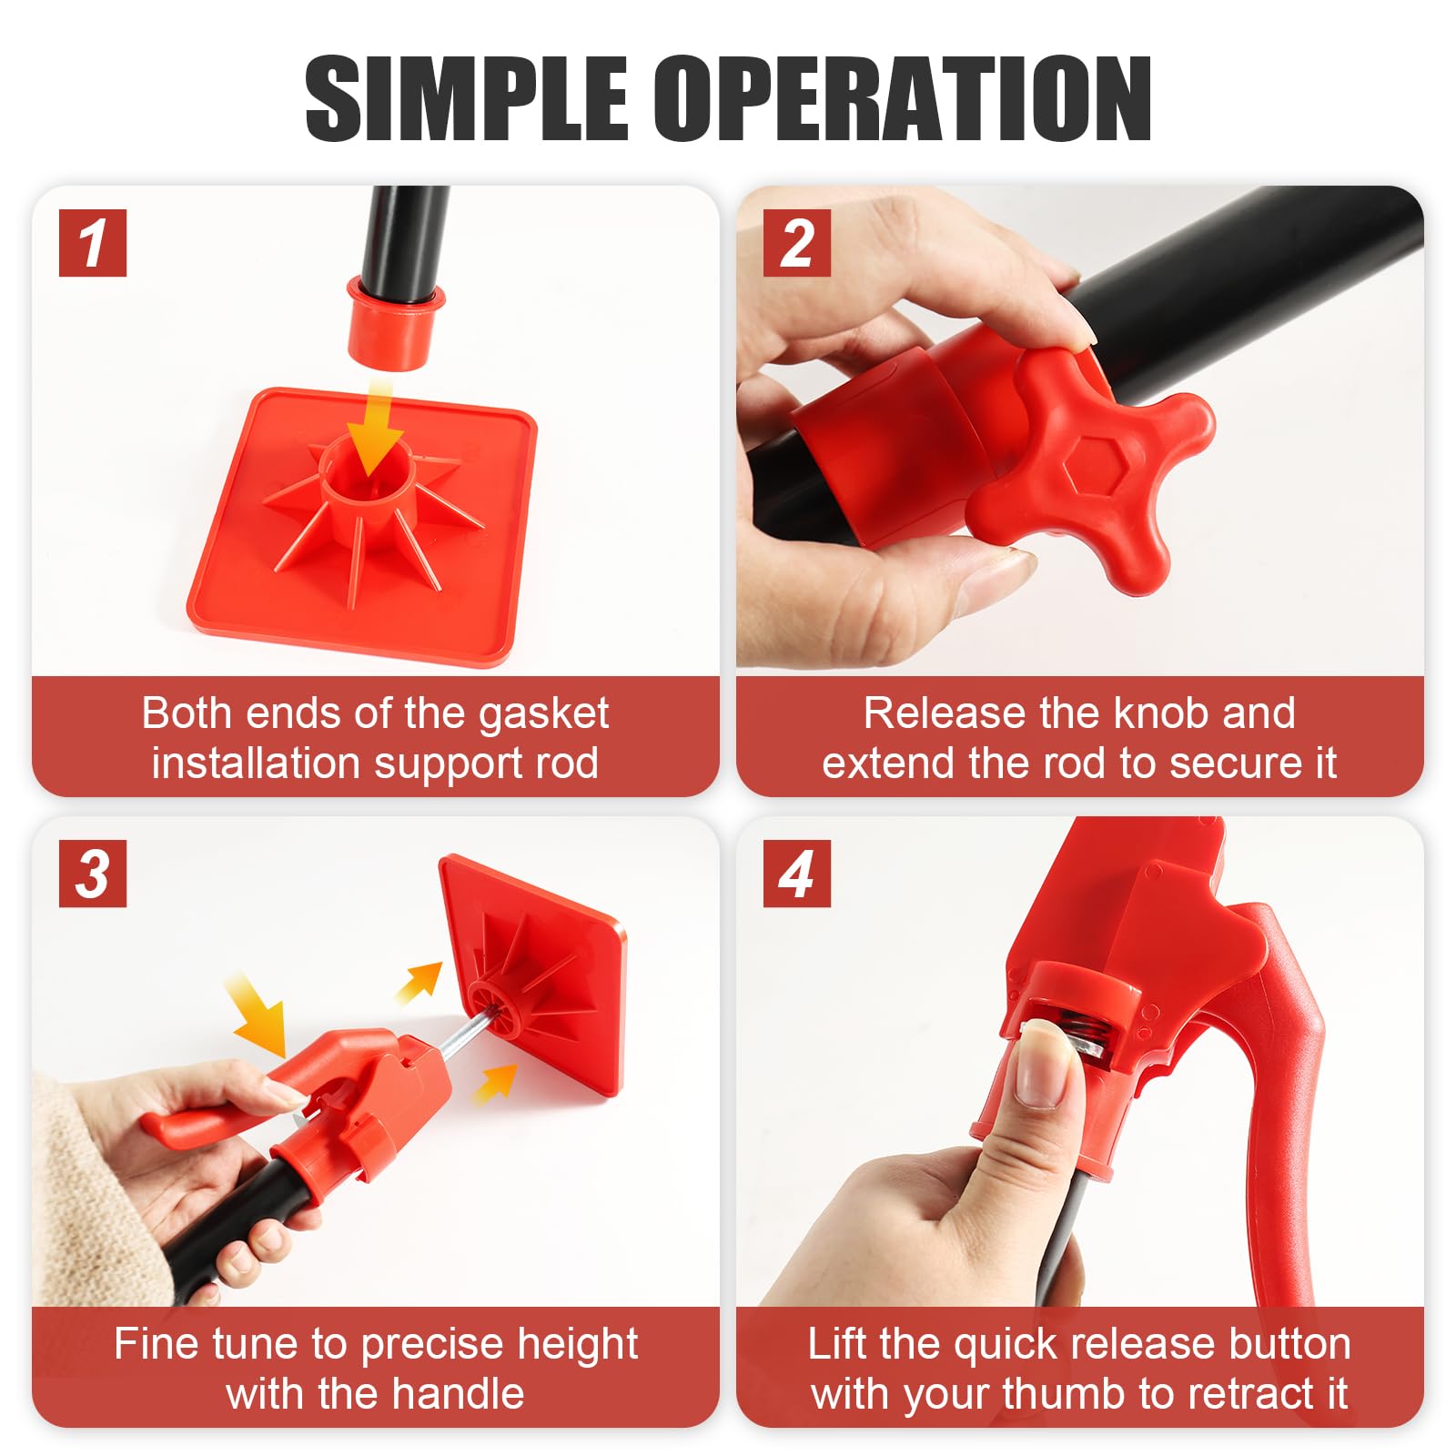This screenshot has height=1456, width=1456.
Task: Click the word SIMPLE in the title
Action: [466, 97]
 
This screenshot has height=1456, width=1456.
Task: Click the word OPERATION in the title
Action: [903, 97]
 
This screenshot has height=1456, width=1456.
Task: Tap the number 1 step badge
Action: [93, 243]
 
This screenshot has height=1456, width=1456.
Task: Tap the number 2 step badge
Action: [797, 243]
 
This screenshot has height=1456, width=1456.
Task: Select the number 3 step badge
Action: [93, 874]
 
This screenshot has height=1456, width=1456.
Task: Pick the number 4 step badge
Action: [797, 874]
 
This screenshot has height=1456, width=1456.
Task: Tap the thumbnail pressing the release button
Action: [1046, 1064]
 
